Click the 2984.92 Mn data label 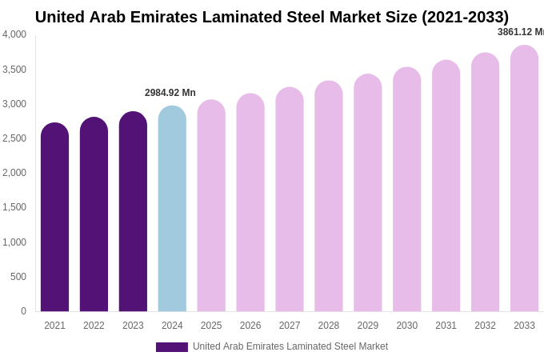pos(170,93)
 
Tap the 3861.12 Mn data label pos(520,32)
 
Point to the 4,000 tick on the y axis pos(14,34)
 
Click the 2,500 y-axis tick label pos(14,138)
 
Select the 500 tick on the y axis pos(18,277)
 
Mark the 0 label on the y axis pos(23,311)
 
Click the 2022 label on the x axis pos(94,326)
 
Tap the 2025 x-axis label pos(211,326)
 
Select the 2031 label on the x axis pos(446,326)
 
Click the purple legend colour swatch pos(172,347)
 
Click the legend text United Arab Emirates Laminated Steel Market pos(290,346)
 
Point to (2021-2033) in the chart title pos(465,17)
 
